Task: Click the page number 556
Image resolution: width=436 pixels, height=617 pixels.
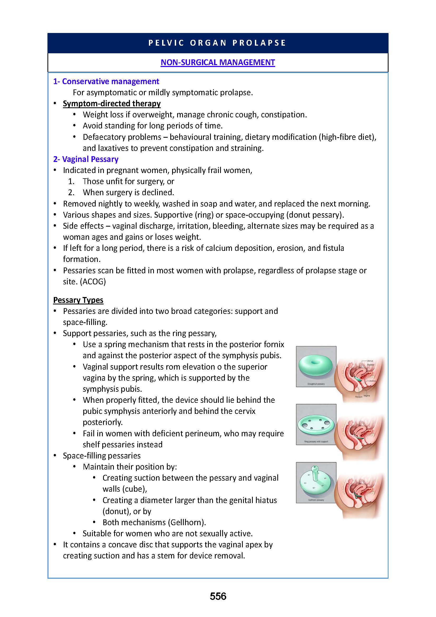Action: (218, 596)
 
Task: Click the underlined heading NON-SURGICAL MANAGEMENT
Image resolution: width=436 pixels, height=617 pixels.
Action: (218, 62)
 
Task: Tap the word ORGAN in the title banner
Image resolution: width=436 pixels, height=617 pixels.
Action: (208, 43)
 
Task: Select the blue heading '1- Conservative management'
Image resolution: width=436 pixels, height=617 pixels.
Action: (106, 82)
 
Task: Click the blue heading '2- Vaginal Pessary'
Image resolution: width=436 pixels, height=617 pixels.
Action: (86, 159)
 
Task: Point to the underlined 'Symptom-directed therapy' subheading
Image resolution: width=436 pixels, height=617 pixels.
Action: (112, 103)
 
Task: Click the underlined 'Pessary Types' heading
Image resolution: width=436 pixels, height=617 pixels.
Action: (78, 300)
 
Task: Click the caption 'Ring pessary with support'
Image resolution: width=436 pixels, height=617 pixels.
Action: (316, 442)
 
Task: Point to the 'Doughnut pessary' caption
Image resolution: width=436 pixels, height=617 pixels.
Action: (316, 384)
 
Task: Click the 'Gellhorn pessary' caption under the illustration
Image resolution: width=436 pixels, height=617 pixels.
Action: (316, 500)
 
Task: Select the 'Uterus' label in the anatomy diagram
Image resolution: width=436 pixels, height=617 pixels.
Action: (370, 361)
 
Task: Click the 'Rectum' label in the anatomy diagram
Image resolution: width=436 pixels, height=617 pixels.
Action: (359, 397)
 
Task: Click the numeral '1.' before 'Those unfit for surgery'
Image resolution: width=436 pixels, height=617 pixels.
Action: (71, 181)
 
